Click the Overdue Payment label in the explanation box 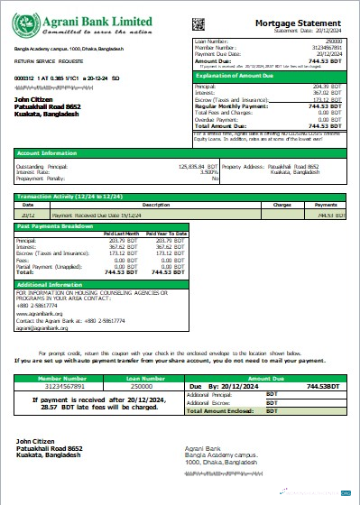[x=217, y=118]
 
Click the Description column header [x=143, y=205]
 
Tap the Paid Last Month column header [x=122, y=234]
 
